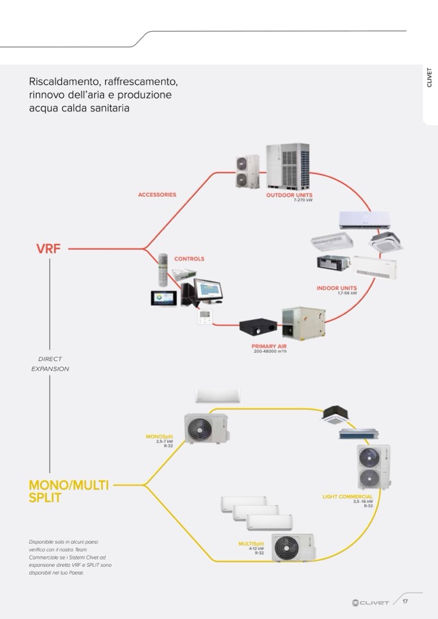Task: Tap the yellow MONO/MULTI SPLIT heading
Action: tap(68, 491)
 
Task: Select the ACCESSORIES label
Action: tap(157, 194)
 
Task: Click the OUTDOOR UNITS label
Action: tap(289, 194)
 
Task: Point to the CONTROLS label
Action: tap(189, 259)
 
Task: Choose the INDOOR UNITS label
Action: tap(337, 288)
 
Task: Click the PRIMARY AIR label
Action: tap(269, 346)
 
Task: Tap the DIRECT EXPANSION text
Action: tap(50, 363)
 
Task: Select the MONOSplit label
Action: tap(160, 437)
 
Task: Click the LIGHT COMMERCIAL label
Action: tap(348, 496)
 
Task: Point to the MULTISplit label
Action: tap(251, 544)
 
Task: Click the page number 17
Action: tap(405, 602)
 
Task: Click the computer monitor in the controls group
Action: tap(208, 291)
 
